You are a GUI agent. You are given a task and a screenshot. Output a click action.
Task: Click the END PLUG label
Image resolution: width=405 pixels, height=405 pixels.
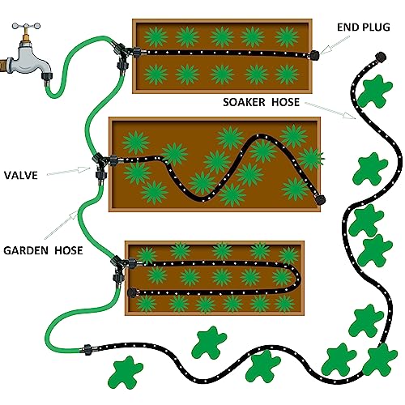pyautogui.click(x=364, y=28)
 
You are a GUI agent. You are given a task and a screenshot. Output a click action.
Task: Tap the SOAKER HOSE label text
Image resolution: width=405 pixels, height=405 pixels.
pyautogui.click(x=261, y=102)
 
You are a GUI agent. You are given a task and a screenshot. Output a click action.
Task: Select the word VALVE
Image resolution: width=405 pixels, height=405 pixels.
pyautogui.click(x=21, y=176)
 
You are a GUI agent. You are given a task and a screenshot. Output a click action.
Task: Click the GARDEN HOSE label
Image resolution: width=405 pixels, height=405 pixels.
pyautogui.click(x=43, y=250)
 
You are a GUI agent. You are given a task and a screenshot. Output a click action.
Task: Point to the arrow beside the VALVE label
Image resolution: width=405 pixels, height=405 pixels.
pyautogui.click(x=69, y=171)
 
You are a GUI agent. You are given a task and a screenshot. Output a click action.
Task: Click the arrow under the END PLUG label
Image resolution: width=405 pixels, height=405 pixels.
pyautogui.click(x=335, y=45)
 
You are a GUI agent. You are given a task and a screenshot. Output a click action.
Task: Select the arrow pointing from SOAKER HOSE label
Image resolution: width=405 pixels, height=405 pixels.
pyautogui.click(x=330, y=110)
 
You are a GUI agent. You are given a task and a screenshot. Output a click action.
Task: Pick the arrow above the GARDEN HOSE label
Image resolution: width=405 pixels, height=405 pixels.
pyautogui.click(x=61, y=225)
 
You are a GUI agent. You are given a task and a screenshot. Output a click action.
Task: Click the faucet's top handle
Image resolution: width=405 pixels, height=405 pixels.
pyautogui.click(x=26, y=26)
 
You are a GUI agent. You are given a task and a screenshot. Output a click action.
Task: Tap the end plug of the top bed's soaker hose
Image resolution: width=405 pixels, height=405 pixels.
pyautogui.click(x=314, y=55)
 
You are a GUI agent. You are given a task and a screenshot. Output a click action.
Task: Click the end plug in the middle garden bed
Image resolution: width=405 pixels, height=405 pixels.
pyautogui.click(x=321, y=199)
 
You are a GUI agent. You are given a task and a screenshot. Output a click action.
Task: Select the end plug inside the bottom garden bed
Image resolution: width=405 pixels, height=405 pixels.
pyautogui.click(x=132, y=292)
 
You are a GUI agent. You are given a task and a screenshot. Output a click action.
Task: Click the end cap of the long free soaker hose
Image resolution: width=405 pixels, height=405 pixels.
pyautogui.click(x=381, y=57)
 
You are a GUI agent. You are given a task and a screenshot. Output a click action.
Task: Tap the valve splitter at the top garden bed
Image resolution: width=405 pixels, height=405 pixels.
pyautogui.click(x=122, y=55)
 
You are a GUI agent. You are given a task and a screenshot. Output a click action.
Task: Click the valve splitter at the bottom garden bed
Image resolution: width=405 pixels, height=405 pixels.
pyautogui.click(x=121, y=268)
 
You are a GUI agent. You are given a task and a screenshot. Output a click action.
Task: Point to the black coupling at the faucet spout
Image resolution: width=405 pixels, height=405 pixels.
pyautogui.click(x=46, y=76)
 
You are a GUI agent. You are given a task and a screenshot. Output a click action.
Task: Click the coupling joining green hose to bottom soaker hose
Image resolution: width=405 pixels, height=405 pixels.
pyautogui.click(x=87, y=350)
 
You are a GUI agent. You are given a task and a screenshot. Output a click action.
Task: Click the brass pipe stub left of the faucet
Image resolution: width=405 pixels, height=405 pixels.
pyautogui.click(x=3, y=65)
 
